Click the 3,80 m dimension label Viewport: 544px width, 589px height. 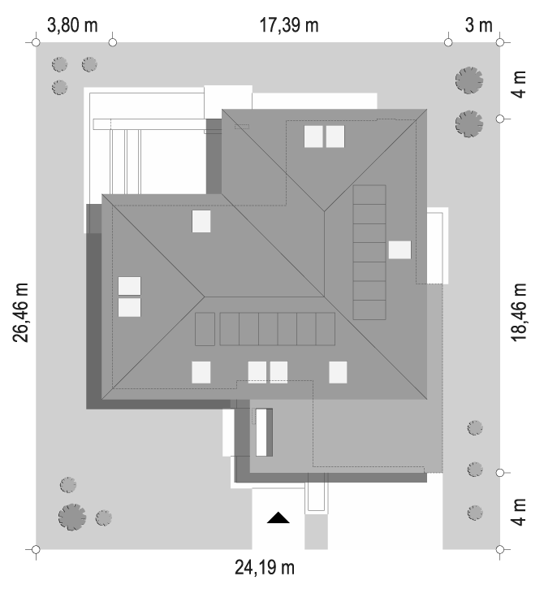pos(72,25)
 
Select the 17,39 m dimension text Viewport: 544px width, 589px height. pos(289,25)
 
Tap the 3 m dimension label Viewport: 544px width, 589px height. pos(479,25)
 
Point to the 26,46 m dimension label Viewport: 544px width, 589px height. pos(20,313)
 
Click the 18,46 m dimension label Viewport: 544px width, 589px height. pos(519,313)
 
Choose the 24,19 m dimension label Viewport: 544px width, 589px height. pos(265,567)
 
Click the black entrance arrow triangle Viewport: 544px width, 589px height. pos(278,518)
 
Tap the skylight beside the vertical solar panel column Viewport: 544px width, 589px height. pos(399,249)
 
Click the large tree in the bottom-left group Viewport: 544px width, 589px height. pos(72,517)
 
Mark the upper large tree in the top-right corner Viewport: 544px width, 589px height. pos(469,80)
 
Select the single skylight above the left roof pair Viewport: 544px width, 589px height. pos(201,221)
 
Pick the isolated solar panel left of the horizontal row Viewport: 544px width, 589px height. pos(205,329)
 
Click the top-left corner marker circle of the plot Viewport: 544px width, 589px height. pos(36,42)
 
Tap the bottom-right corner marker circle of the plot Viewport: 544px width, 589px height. pos(499,549)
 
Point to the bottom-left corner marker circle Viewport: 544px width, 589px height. pos(36,549)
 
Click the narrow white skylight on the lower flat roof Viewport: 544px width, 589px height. pos(261,432)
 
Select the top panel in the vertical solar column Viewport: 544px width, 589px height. pos(369,195)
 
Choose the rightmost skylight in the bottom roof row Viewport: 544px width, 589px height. pos(338,372)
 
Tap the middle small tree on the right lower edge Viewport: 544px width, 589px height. pos(475,470)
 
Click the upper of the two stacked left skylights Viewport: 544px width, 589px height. pos(130,286)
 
